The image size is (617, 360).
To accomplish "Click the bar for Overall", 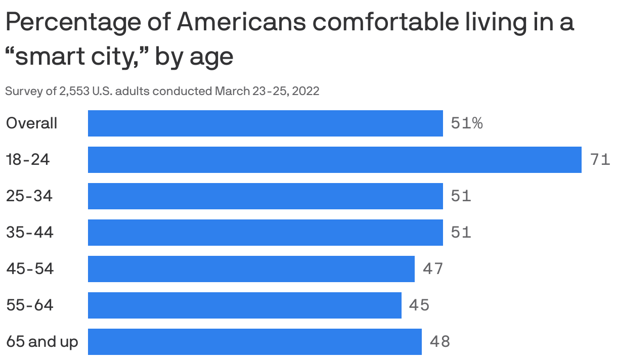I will pyautogui.click(x=266, y=123).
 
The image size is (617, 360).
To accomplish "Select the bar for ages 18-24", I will pyautogui.click(x=334, y=160).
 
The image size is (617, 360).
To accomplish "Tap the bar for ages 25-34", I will pyautogui.click(x=266, y=196).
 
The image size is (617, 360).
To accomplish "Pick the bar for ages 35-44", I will pyautogui.click(x=266, y=233).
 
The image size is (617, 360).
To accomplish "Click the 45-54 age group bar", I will pyautogui.click(x=251, y=269).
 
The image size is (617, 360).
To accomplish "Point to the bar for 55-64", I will pyautogui.click(x=245, y=305).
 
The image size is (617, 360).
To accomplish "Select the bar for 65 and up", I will pyautogui.click(x=255, y=342).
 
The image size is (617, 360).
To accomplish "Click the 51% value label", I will pyautogui.click(x=466, y=123).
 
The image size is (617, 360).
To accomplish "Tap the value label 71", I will pyautogui.click(x=600, y=160).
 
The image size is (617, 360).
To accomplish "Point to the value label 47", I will pyautogui.click(x=433, y=269).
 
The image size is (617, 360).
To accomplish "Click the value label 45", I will pyautogui.click(x=419, y=305).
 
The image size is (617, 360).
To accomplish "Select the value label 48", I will pyautogui.click(x=439, y=342).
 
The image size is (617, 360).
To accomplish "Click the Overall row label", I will pyautogui.click(x=31, y=123).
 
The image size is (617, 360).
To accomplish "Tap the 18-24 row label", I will pyautogui.click(x=28, y=160).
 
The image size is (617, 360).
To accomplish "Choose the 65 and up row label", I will pyautogui.click(x=42, y=342).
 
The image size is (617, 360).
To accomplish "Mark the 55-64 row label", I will pyautogui.click(x=29, y=305).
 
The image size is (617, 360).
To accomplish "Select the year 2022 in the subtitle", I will pyautogui.click(x=305, y=92).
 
